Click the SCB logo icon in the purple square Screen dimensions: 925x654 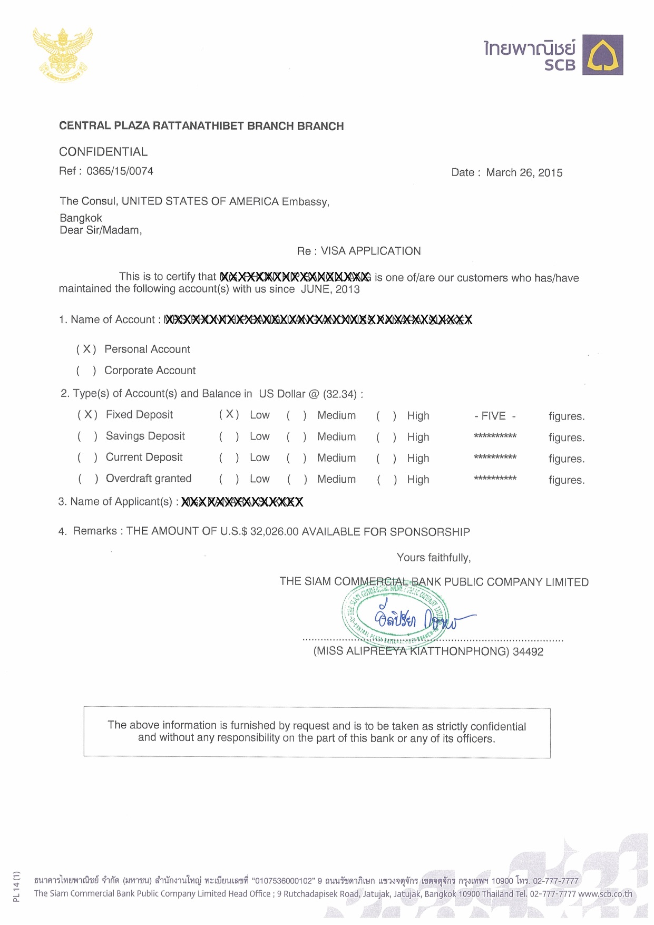coord(602,55)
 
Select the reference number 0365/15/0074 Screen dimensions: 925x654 coord(120,171)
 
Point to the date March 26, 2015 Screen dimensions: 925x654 coord(524,173)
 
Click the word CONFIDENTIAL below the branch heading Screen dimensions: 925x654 coord(103,152)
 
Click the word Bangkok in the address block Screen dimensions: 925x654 coord(81,218)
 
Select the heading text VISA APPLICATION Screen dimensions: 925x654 coord(370,251)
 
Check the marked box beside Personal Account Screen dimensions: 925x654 coord(86,349)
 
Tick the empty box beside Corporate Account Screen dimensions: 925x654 coord(86,371)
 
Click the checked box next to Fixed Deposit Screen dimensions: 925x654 coord(87,415)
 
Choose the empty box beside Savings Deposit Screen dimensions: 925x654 coord(87,436)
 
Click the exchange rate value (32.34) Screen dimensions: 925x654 coord(340,394)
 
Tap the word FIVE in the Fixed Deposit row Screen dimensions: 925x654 coord(493,416)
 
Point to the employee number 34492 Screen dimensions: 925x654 coord(528,652)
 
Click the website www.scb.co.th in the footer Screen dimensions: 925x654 coord(605,894)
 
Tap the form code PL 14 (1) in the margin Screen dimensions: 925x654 coord(16,886)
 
